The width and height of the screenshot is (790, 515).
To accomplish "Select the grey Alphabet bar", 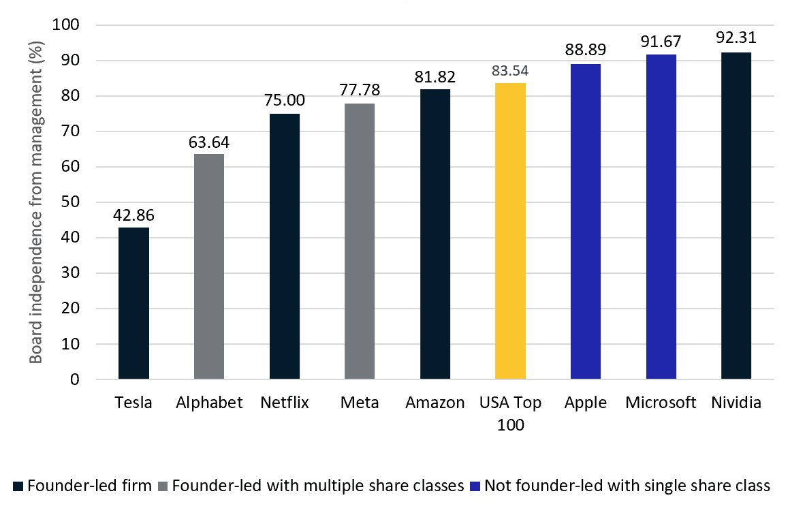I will click(209, 266).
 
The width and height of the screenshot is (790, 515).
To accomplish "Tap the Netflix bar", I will click(285, 246).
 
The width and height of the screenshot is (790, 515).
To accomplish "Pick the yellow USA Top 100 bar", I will click(510, 231).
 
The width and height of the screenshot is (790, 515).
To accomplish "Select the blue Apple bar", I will click(586, 221).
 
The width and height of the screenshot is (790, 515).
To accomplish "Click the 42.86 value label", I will click(133, 215).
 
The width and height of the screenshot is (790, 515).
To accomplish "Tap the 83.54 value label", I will click(510, 71).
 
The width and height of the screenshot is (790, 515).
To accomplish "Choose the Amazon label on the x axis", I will click(434, 403).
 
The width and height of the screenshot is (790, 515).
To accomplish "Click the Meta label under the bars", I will click(360, 403).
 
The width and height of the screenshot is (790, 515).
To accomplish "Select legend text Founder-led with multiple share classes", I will click(319, 486).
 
